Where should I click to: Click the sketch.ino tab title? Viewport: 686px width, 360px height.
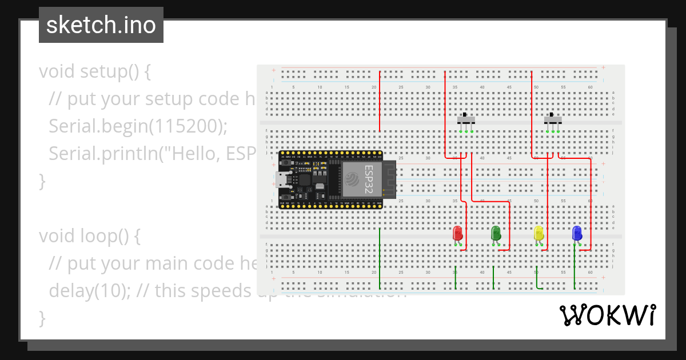pos(101,25)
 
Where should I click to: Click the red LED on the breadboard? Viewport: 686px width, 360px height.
pos(457,233)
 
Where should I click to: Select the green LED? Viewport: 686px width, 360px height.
pos(496,233)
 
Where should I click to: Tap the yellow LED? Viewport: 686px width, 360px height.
pos(538,233)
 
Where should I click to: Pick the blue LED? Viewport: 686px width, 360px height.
pos(577,233)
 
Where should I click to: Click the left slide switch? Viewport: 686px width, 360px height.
pos(466,119)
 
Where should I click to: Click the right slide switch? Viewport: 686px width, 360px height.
pos(553,119)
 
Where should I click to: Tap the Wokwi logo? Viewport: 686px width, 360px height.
pos(607,315)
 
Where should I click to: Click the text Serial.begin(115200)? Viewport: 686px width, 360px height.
pos(138,126)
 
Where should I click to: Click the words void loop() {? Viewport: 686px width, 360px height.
pos(89,235)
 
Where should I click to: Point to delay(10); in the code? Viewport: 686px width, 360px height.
pos(91,290)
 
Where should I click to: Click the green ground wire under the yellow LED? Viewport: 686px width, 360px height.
pos(537,278)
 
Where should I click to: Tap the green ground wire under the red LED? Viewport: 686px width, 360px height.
pos(455,278)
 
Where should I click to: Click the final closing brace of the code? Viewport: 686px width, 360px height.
pos(41,318)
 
